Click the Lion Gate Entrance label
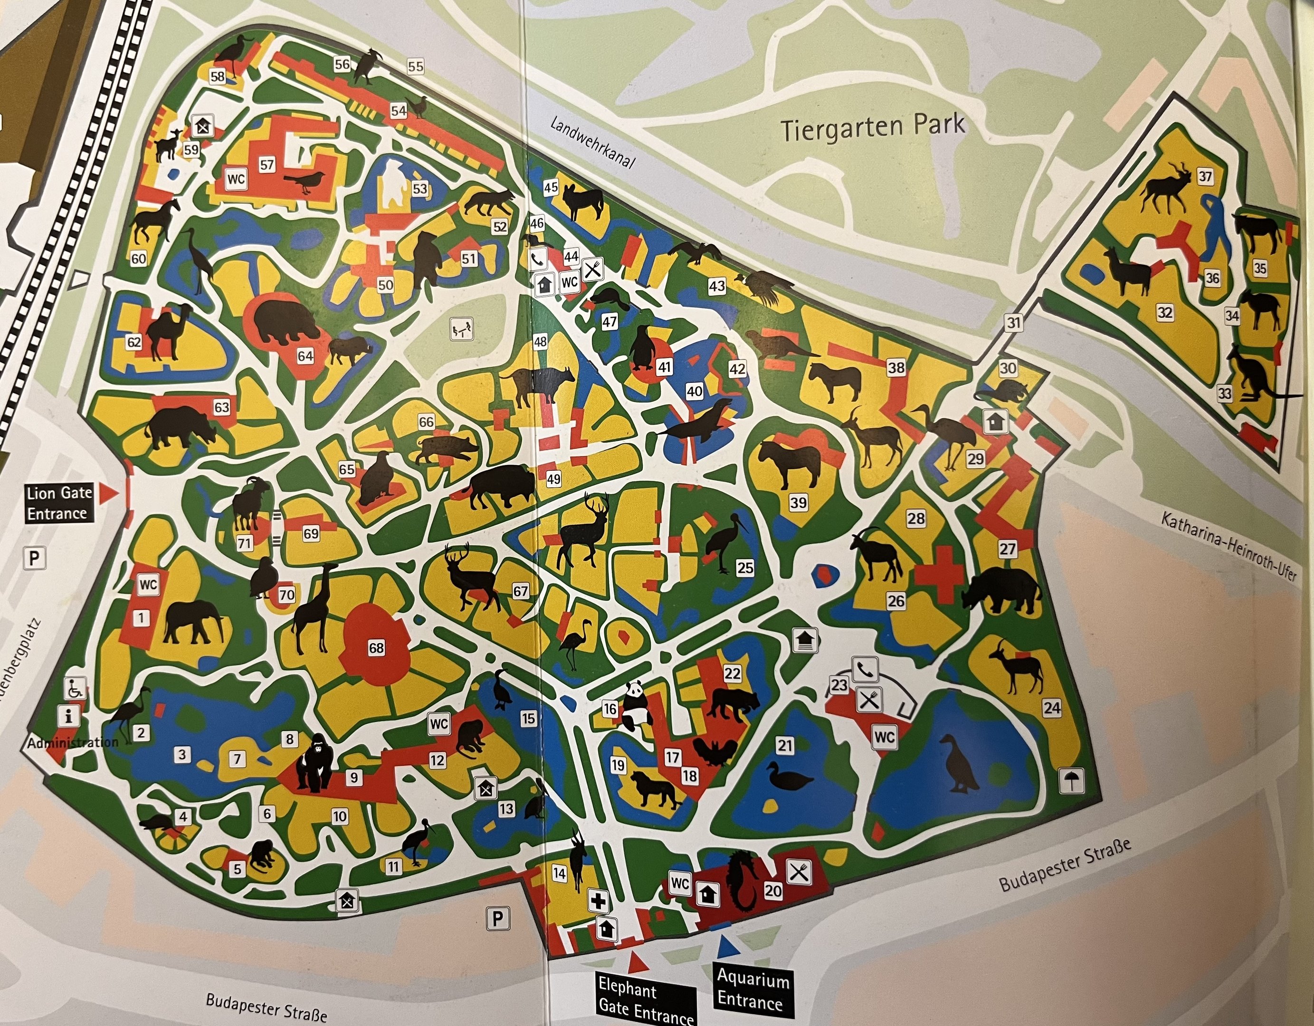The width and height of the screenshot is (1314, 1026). [59, 503]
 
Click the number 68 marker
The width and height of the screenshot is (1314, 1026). [376, 648]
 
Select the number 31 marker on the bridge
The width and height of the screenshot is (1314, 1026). [1014, 323]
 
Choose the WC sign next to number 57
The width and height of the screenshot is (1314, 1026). [236, 179]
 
